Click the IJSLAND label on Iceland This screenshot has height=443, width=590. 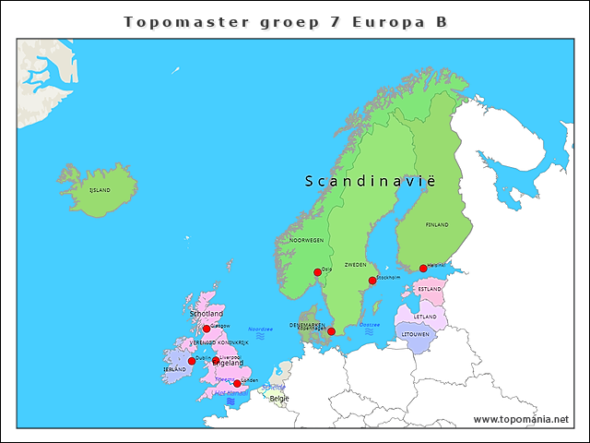click(x=99, y=190)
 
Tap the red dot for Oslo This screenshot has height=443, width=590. click(x=317, y=272)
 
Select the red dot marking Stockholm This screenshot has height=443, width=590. click(x=372, y=281)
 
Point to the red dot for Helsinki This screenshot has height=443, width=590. click(x=423, y=269)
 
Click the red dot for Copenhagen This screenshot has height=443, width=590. click(x=331, y=331)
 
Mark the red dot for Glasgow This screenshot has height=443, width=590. click(x=206, y=329)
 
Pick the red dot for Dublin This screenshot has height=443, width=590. click(x=192, y=361)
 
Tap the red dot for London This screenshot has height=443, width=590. click(x=237, y=383)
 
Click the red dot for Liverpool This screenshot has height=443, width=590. click(x=216, y=361)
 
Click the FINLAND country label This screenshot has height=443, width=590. click(x=437, y=225)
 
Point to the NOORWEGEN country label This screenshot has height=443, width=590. click(x=306, y=240)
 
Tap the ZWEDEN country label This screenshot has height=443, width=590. click(x=355, y=265)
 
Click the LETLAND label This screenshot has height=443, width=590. click(x=425, y=317)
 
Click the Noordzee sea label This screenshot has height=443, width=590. click(x=261, y=329)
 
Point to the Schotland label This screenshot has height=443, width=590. click(x=206, y=314)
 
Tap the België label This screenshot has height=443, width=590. click(x=278, y=399)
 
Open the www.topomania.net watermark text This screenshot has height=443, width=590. click(x=520, y=419)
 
